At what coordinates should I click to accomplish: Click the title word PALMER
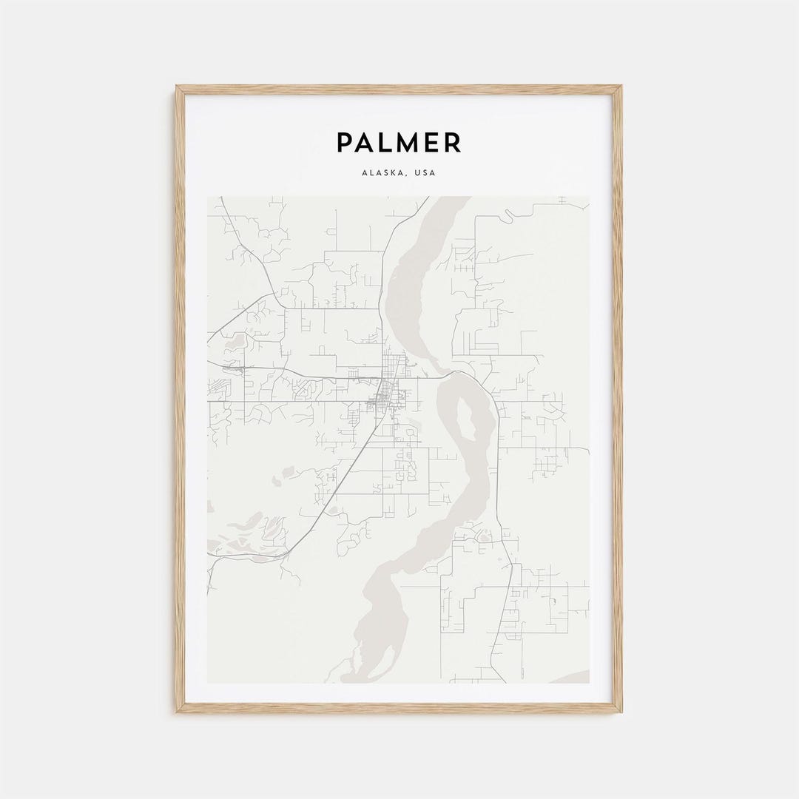(399, 142)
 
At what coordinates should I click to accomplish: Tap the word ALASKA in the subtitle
(383, 173)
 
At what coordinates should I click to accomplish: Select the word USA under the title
(426, 173)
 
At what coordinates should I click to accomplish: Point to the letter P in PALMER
(345, 142)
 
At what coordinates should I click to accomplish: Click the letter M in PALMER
(405, 142)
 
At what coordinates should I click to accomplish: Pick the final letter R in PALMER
(453, 142)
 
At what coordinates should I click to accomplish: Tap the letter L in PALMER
(383, 142)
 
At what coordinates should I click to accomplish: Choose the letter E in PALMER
(430, 142)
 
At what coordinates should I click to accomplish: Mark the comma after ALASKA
(411, 175)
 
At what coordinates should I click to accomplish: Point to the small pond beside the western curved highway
(238, 342)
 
